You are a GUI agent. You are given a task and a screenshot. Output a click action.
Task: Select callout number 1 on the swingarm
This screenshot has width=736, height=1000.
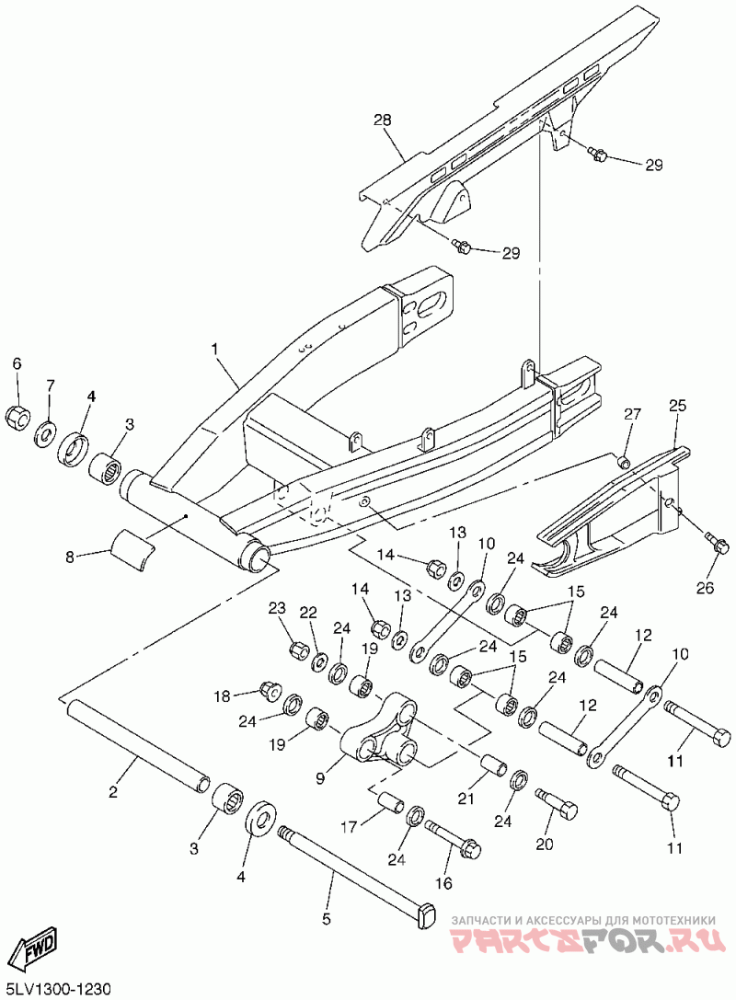[x=214, y=349]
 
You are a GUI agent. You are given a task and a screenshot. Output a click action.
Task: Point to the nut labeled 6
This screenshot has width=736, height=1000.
[x=17, y=417]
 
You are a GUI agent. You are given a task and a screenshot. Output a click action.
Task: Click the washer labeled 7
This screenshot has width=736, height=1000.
[x=45, y=431]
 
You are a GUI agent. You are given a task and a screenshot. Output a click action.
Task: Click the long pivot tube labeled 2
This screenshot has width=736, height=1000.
[x=139, y=745]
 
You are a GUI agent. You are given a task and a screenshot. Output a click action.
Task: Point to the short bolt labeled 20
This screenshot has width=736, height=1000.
[x=557, y=802]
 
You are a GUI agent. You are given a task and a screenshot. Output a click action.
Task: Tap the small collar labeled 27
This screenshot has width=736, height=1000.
[x=626, y=460]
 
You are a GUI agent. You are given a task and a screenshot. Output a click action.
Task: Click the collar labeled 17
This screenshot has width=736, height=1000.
[x=389, y=801]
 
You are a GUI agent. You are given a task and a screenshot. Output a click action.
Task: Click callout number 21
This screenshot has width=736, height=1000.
[x=466, y=798]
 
